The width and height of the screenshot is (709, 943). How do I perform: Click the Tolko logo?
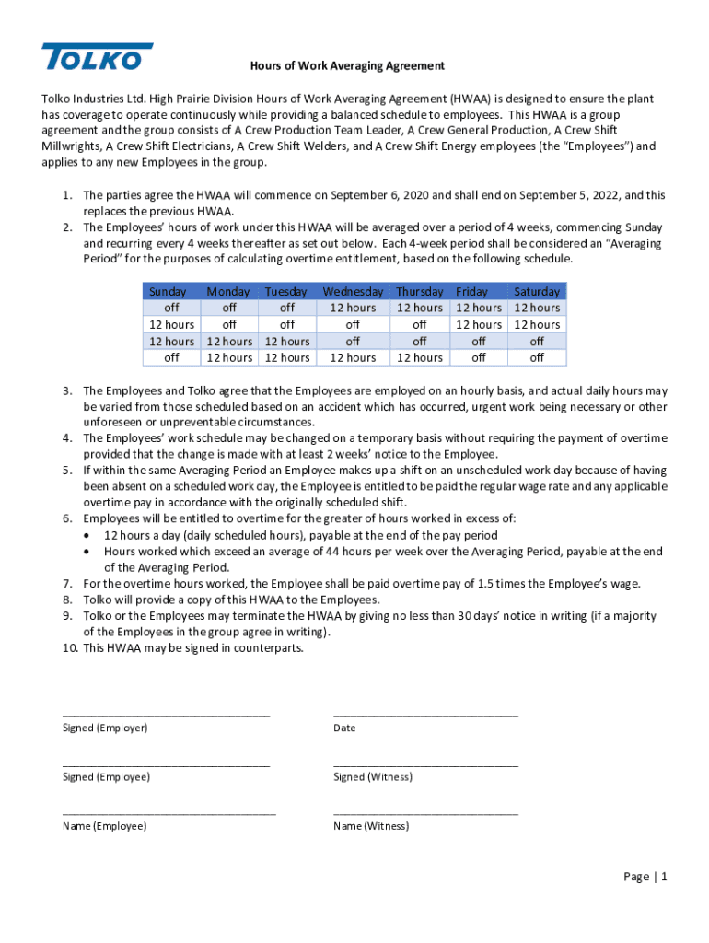click(97, 57)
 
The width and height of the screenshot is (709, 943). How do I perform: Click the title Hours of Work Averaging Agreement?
click(348, 65)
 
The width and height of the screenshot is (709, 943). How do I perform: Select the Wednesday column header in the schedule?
click(353, 291)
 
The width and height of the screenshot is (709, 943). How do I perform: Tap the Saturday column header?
click(536, 291)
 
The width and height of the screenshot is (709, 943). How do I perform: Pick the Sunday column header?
click(168, 291)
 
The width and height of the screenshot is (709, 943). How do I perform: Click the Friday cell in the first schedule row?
click(479, 308)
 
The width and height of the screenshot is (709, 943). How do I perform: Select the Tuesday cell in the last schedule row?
click(287, 357)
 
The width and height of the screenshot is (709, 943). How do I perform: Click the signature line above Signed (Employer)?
click(166, 715)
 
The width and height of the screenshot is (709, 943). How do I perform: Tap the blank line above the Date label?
click(425, 715)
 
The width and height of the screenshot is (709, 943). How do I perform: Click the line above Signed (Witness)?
click(425, 764)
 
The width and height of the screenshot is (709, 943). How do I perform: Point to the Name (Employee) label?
click(104, 826)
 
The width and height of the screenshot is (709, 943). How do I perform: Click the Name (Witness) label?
click(371, 826)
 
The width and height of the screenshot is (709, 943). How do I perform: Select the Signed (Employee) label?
click(106, 776)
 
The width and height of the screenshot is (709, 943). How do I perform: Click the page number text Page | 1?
click(645, 877)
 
